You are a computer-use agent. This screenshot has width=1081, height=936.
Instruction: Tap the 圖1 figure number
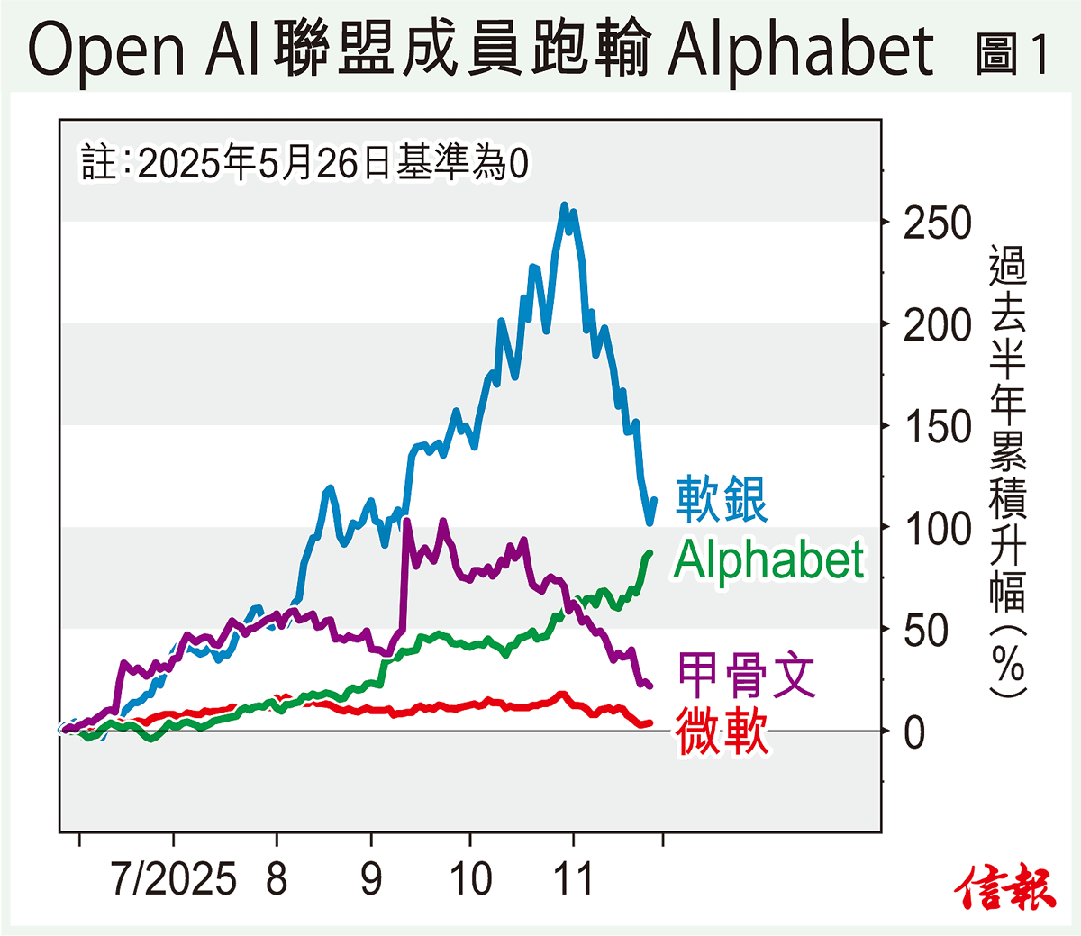(1013, 54)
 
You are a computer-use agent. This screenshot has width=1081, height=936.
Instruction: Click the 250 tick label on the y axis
(938, 223)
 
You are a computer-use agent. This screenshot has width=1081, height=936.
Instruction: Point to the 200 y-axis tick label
(938, 325)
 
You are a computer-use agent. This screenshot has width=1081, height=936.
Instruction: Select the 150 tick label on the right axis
(938, 427)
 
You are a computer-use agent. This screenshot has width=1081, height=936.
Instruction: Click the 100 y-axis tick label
(938, 529)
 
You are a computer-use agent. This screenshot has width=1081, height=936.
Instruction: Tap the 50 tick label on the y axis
(926, 631)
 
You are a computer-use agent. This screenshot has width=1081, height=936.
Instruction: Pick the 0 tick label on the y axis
(914, 732)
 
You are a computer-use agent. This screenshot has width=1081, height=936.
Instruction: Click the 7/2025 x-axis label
(173, 878)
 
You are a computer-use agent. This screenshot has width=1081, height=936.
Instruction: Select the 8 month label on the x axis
(277, 878)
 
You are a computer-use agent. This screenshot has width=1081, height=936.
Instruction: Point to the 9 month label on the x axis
(371, 878)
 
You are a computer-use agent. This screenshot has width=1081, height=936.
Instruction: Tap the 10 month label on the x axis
(470, 878)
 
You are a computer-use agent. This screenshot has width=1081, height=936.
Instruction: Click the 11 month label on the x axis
(573, 878)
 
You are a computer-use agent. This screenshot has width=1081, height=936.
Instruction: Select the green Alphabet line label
(768, 560)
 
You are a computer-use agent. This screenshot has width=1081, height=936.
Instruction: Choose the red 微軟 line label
(722, 731)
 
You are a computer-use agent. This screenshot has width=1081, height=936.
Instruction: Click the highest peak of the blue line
(565, 206)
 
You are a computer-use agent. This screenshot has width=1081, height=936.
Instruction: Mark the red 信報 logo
(1005, 886)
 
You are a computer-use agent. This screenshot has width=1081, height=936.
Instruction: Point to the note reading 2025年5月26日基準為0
(304, 163)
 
